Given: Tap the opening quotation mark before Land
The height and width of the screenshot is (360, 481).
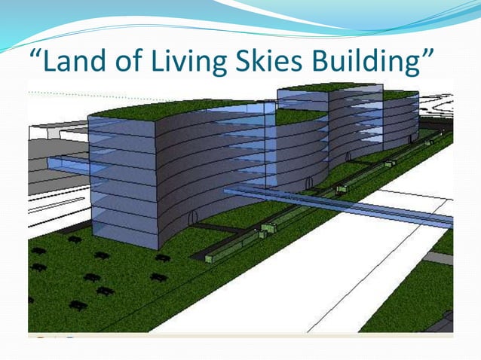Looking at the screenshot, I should coord(35,53).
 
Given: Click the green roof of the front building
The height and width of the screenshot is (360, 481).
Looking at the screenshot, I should coord(151,110).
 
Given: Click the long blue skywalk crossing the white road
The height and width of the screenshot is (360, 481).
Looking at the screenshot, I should coord(339,204).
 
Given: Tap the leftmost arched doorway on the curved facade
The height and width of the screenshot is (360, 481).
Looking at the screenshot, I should coord(193,218).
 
